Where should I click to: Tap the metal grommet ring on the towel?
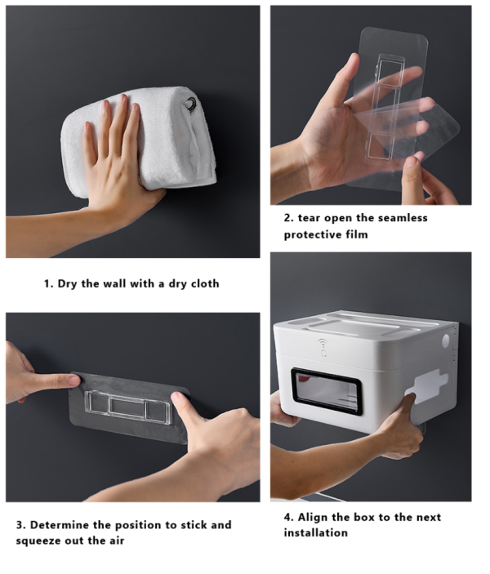(191, 103)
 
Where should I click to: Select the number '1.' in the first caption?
(49, 283)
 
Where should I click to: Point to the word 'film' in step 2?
(357, 234)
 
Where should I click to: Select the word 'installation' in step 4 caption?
(316, 532)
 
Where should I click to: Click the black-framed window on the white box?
(327, 391)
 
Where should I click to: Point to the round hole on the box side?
(446, 340)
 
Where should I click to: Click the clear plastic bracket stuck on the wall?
(128, 407)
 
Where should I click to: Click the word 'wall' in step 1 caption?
(114, 283)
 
